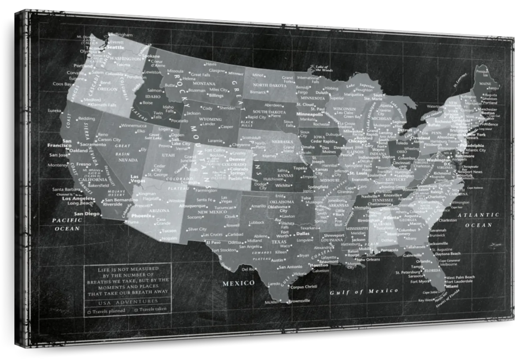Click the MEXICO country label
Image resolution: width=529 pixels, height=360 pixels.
coord(238,283)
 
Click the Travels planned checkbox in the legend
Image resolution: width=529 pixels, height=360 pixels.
coord(89,311)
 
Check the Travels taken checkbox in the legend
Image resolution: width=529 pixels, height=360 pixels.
coord(136,310)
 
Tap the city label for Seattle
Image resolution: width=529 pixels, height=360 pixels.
coord(115,47)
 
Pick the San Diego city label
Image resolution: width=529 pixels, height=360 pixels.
coord(86,214)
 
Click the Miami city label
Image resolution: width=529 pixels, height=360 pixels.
coord(451,285)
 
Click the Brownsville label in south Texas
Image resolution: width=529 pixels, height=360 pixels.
coord(299,301)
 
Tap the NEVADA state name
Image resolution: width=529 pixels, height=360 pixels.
coord(128,160)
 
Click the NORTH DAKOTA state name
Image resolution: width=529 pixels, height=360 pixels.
coord(269,85)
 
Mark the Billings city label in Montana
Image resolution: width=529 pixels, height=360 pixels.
coord(216,95)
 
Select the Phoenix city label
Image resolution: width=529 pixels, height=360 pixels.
coord(140,216)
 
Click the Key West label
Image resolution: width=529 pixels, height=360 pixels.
coord(426,300)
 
